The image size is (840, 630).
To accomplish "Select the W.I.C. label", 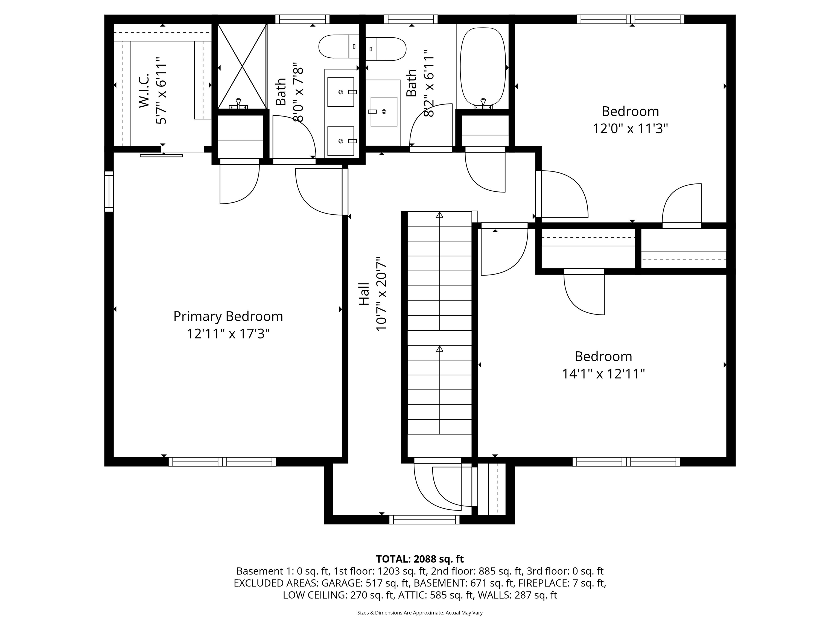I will (x=144, y=91).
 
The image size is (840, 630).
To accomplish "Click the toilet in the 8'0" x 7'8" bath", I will (x=338, y=46).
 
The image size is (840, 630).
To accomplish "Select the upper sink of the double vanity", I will (x=341, y=92).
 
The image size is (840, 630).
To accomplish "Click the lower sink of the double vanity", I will (x=341, y=141).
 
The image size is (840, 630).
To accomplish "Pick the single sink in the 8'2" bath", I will (x=384, y=111).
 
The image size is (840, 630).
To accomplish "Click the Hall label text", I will (x=364, y=294).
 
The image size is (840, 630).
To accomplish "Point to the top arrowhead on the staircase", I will (x=440, y=215).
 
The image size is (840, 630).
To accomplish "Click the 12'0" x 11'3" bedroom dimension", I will (x=630, y=129).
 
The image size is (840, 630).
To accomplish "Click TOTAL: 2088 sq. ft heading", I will (x=420, y=559).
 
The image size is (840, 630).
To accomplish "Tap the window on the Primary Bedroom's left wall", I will (x=109, y=191).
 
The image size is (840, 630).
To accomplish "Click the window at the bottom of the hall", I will (x=424, y=520).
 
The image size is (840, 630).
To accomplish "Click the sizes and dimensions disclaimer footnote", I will (x=420, y=612).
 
